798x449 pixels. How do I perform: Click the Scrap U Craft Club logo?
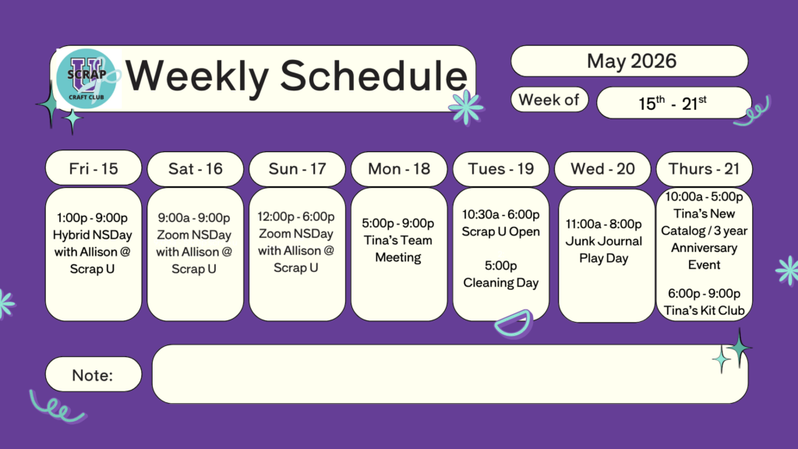point(87,79)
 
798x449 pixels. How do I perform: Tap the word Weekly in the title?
point(197,76)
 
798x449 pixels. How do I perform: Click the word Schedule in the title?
point(373,76)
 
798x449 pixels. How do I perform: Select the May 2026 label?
point(631,61)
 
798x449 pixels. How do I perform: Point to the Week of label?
point(549,100)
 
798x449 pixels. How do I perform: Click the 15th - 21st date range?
point(673,104)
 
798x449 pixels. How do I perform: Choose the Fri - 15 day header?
point(94,168)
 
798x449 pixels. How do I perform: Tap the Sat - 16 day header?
point(196,168)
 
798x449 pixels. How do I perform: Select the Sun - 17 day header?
point(297,168)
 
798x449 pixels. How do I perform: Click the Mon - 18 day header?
point(399,168)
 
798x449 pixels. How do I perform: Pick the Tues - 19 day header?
point(501,168)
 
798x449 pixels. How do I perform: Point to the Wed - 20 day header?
point(602,168)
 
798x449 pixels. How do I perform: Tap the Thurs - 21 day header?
point(704,168)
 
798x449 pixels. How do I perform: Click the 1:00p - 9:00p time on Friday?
point(92,218)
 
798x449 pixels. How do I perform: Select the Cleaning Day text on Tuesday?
point(501,282)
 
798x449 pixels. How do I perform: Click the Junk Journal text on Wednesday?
point(604,241)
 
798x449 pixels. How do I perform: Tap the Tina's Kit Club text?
point(704,310)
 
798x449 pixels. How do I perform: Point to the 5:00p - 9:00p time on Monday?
point(398,224)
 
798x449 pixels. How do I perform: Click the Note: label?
point(92,375)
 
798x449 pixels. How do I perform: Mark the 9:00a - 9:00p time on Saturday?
point(194,218)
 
